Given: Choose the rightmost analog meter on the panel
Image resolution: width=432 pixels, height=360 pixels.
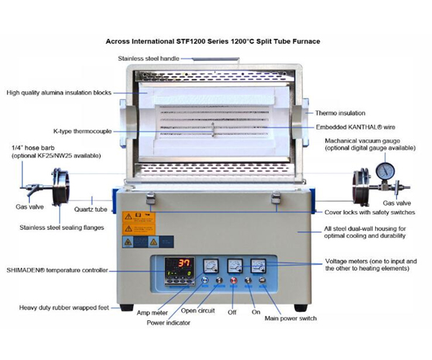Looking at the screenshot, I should [x=256, y=266].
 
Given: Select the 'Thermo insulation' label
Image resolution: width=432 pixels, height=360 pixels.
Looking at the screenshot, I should [x=341, y=113].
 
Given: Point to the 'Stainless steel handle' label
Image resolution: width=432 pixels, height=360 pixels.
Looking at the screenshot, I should [x=154, y=57].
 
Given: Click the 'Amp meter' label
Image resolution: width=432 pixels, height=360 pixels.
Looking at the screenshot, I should [x=153, y=313].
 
